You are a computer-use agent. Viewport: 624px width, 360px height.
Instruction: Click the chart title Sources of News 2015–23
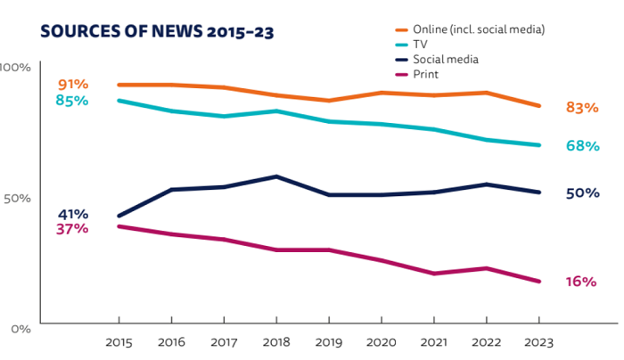157,31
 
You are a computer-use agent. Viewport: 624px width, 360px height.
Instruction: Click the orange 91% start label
73,85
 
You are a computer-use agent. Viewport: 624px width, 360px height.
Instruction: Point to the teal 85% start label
72,101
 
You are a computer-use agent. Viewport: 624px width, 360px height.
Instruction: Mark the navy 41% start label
73,214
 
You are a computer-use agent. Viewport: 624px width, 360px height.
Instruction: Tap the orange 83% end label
581,108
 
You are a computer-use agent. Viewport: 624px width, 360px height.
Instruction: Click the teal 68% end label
581,145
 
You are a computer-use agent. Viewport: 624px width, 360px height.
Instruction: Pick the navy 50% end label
581,192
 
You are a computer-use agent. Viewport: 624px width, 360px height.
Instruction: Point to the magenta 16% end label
581,282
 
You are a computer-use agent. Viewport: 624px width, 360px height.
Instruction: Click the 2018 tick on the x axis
276,342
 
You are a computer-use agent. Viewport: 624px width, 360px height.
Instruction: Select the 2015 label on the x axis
119,342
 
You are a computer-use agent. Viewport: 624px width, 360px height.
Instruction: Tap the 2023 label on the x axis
539,342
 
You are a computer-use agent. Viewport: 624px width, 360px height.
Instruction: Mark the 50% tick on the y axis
15,198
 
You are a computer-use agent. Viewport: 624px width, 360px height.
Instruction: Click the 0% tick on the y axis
20,329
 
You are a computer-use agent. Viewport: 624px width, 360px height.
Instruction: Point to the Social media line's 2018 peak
276,176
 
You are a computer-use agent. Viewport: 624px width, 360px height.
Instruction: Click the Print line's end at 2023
539,282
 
